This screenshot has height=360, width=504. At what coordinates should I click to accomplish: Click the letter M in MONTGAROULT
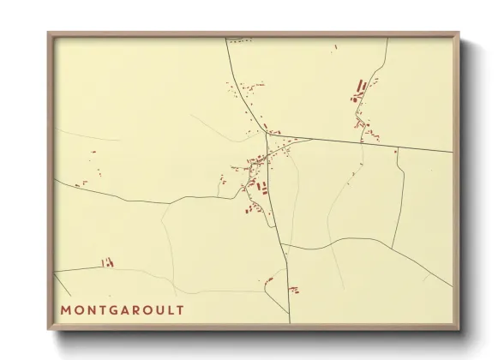click(65, 309)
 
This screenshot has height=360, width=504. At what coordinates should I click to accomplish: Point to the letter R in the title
click(142, 309)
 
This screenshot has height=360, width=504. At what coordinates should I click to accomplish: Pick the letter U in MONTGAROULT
click(168, 309)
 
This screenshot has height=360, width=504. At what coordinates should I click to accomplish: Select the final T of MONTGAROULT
click(189, 309)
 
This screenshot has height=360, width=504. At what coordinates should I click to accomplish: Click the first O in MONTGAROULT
click(79, 309)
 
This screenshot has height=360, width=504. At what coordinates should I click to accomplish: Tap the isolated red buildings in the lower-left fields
click(107, 262)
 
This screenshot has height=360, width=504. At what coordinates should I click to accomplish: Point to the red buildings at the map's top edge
click(240, 40)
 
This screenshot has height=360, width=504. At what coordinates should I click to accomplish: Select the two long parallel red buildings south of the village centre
click(262, 187)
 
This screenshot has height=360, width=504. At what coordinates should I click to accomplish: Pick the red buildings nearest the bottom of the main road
click(294, 290)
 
